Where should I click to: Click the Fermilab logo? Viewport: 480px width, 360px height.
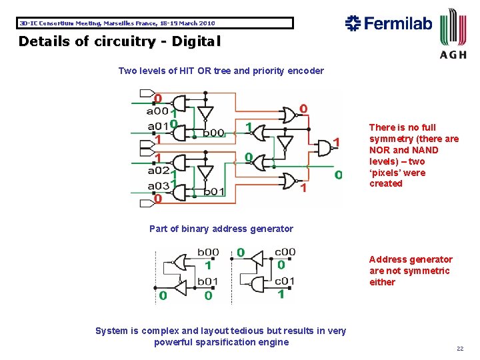pos(389,24)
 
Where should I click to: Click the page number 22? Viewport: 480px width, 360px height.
pos(459,349)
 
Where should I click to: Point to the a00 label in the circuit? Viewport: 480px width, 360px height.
pos(157,111)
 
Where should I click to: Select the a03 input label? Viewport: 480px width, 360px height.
pos(158,185)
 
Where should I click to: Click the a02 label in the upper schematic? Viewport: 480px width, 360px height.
pos(158,171)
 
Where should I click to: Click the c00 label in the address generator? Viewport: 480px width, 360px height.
pos(285,252)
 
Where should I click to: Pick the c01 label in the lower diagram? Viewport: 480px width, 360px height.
pos(285,280)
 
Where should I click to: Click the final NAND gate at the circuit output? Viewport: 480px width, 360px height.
pos(324,148)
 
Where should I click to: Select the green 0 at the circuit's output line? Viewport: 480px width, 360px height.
pos(338,175)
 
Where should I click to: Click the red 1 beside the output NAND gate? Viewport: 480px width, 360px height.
pos(337,141)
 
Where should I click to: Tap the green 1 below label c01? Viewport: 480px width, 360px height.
pos(281,293)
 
